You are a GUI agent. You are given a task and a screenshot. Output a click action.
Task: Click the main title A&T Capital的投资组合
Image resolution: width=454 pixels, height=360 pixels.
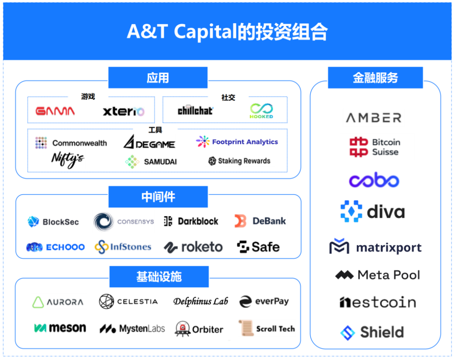click(x=227, y=32)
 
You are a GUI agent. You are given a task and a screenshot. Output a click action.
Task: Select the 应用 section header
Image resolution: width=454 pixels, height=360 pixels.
click(x=158, y=78)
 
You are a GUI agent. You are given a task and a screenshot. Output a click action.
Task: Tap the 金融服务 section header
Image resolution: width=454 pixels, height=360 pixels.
click(x=375, y=78)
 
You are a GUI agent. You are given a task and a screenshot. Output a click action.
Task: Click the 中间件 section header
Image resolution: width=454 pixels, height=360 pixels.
click(x=158, y=197)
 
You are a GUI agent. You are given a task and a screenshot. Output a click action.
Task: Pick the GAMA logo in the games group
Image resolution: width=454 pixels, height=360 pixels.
click(x=55, y=111)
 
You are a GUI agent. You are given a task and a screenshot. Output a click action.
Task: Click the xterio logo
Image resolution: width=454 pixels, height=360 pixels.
click(x=124, y=111)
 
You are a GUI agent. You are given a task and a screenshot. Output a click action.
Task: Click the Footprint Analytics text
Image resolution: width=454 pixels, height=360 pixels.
click(x=245, y=142)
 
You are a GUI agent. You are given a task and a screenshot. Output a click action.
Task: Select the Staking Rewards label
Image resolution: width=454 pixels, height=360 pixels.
click(x=244, y=161)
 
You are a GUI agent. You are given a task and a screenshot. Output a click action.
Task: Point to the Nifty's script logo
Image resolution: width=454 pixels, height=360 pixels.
click(x=67, y=159)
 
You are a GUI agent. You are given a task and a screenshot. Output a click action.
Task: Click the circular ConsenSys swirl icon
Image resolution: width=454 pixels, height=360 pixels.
click(x=103, y=222)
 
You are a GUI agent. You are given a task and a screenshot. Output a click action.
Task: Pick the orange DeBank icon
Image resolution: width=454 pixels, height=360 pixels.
click(x=240, y=221)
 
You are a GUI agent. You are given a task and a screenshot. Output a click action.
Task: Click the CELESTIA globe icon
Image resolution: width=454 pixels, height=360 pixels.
click(x=106, y=302)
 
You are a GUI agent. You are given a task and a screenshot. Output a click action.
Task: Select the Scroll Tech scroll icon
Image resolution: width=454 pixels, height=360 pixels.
click(x=245, y=328)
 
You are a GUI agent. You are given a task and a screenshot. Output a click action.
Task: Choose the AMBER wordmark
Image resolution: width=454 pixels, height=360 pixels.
click(x=374, y=118)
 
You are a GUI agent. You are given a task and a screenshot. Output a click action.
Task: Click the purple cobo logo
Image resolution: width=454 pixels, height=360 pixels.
click(x=374, y=181)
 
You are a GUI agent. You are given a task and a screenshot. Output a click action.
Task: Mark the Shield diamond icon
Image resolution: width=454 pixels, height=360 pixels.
click(x=348, y=333)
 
